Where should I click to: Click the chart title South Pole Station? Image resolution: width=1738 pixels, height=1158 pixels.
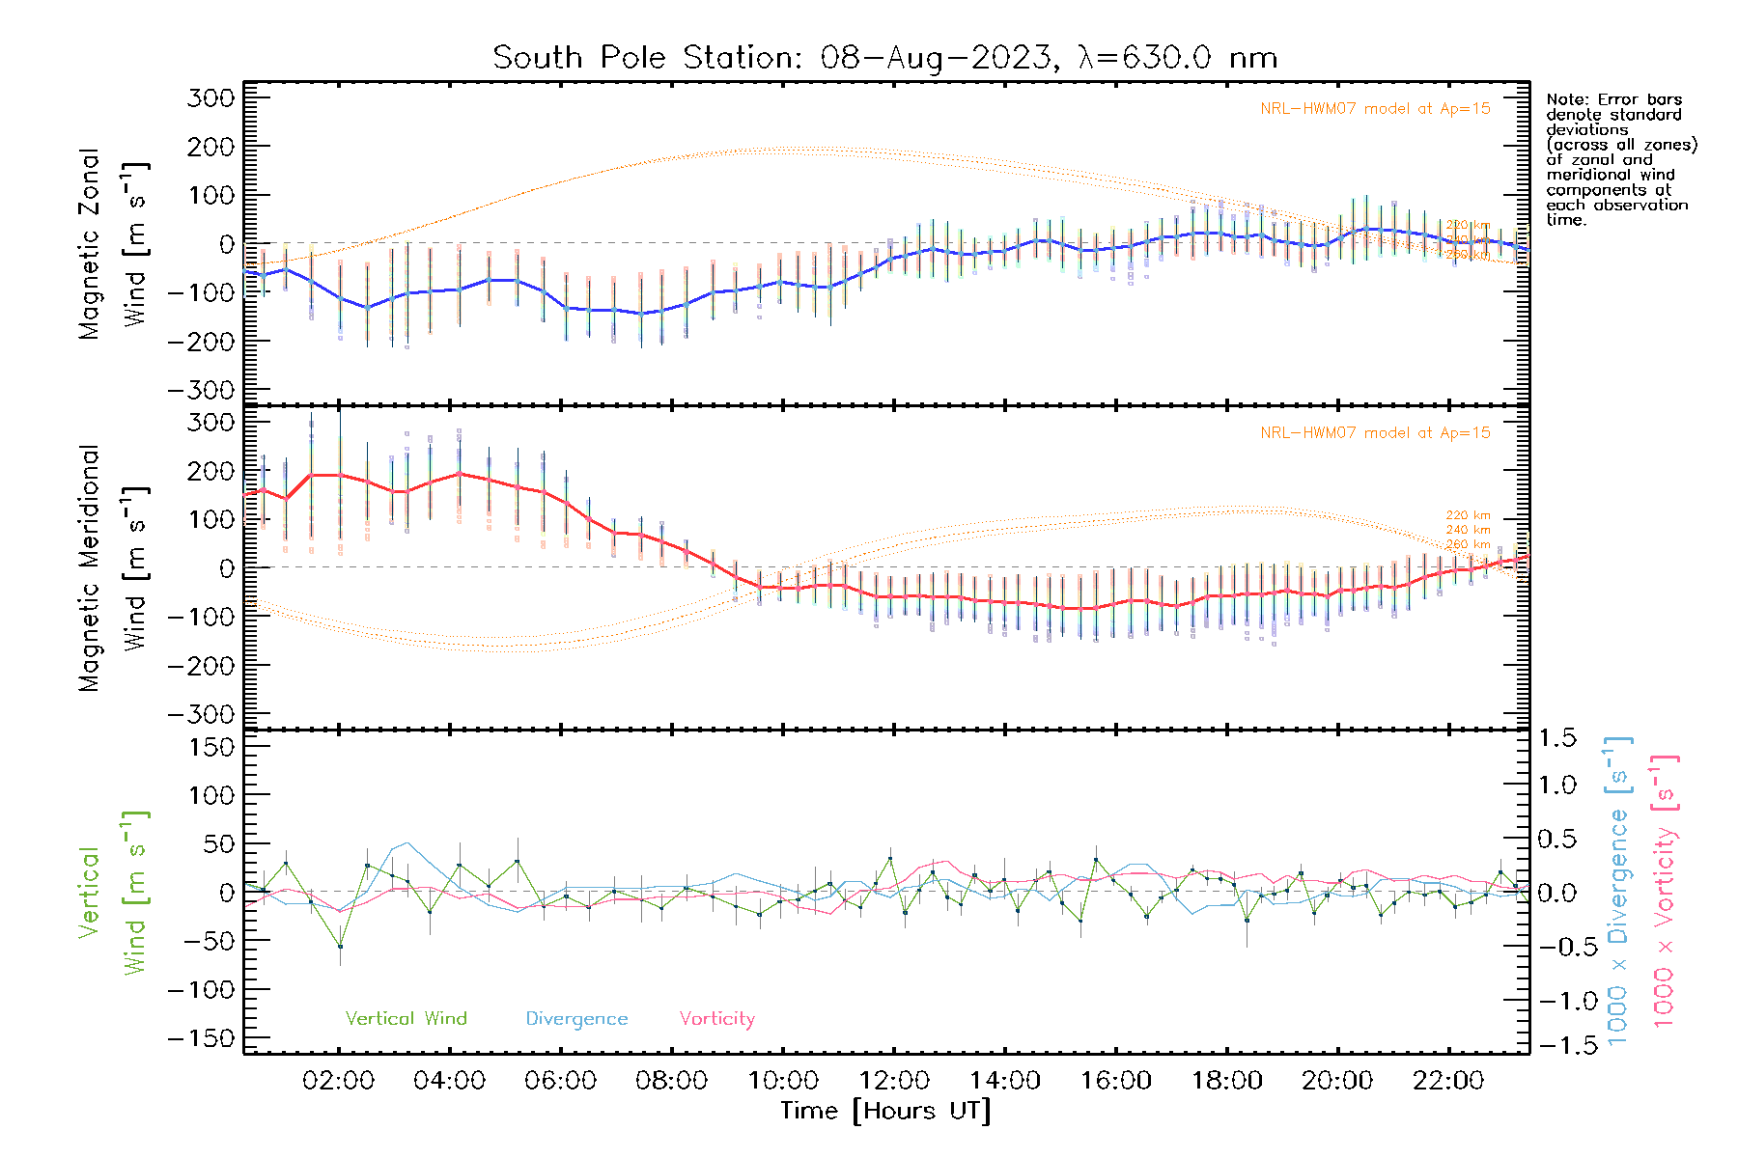(x=884, y=58)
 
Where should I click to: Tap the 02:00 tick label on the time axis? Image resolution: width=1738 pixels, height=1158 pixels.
(x=338, y=1080)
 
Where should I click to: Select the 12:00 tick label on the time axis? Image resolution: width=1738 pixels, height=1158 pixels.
(x=894, y=1080)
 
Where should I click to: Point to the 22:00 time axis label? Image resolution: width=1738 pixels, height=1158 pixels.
(x=1448, y=1080)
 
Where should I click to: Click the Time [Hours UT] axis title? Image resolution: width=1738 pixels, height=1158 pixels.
(x=885, y=1111)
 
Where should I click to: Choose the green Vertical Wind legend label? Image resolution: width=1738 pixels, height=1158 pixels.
(x=406, y=1018)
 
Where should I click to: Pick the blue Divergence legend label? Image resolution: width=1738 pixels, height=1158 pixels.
(x=576, y=1018)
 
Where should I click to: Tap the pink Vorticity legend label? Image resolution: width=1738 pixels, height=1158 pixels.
(x=716, y=1018)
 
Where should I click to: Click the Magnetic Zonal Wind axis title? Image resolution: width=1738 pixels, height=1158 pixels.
(x=114, y=243)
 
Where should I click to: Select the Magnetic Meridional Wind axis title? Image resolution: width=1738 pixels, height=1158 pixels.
(x=114, y=567)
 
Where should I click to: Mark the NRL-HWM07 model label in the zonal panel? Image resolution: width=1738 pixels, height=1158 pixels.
(x=1375, y=109)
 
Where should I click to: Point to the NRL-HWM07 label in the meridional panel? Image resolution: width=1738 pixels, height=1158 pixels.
(x=1375, y=433)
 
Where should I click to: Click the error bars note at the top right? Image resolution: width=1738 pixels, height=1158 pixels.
(x=1620, y=159)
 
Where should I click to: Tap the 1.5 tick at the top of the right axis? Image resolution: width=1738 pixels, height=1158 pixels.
(x=1556, y=738)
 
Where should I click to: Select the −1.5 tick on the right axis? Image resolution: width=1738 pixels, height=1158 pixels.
(x=1556, y=1045)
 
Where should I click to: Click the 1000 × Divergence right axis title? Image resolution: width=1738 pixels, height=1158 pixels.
(x=1618, y=892)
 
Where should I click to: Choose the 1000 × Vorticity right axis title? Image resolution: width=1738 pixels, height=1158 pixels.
(x=1665, y=892)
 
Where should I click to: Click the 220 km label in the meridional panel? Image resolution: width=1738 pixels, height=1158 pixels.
(x=1468, y=515)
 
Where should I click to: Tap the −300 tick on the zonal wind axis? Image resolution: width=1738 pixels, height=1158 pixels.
(x=202, y=390)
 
